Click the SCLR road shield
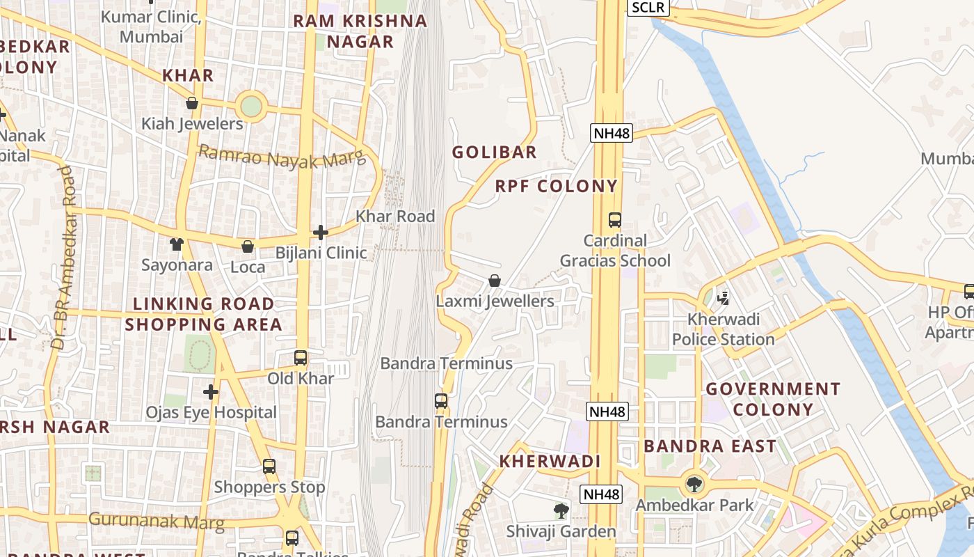pos(648,8)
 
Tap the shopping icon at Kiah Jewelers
pos(192,103)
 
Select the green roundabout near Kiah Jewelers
pos(250,107)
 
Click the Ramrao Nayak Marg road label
pos(282,157)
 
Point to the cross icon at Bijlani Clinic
pos(321,232)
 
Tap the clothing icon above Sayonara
pos(177,244)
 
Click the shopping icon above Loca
pos(248,246)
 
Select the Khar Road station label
pos(395,217)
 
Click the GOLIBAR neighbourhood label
pos(494,152)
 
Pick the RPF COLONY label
pos(556,186)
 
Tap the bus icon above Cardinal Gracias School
pos(615,220)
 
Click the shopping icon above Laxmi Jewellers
pos(495,281)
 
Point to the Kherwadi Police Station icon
pos(723,299)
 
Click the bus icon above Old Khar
pos(301,358)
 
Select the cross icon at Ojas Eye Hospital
pos(211,392)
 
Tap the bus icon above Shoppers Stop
pos(269,466)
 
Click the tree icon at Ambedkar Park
pos(694,484)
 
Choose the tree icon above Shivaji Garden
pos(561,511)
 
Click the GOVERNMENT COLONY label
pos(773,399)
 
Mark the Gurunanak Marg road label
pos(157,521)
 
